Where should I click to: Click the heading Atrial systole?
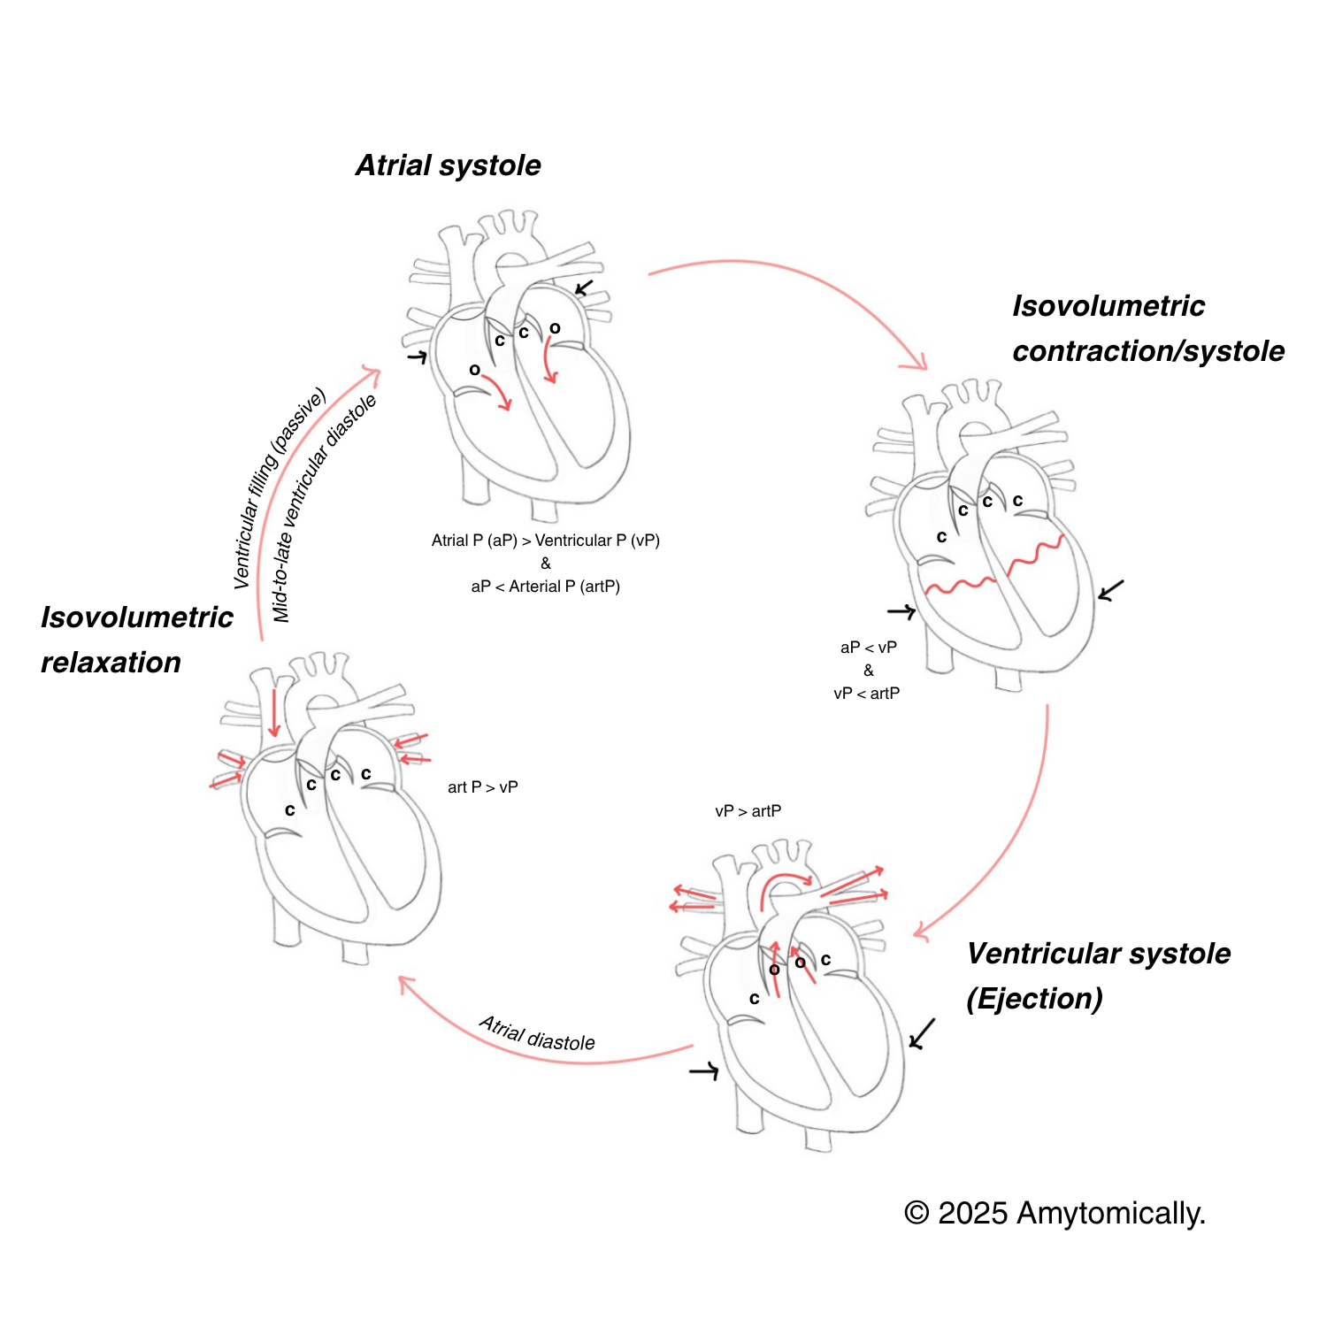(x=448, y=165)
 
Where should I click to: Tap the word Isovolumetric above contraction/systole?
(x=1108, y=306)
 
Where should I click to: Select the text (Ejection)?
(x=1034, y=999)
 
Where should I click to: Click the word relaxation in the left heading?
(x=111, y=662)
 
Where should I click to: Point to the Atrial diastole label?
(x=537, y=1034)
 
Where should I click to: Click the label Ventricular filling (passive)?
(x=278, y=488)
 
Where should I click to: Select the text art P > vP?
(x=482, y=787)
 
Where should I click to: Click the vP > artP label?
(x=748, y=811)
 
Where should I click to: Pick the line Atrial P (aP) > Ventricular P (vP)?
(x=545, y=541)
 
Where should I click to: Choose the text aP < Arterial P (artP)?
(x=545, y=587)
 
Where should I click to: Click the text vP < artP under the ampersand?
(x=866, y=694)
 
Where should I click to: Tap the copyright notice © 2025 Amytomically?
(x=1055, y=1213)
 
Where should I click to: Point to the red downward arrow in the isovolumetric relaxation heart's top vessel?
(x=274, y=713)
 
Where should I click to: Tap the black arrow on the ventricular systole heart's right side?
(x=922, y=1033)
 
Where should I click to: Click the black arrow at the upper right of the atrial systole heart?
(x=584, y=288)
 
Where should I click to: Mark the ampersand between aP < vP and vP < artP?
(x=868, y=671)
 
